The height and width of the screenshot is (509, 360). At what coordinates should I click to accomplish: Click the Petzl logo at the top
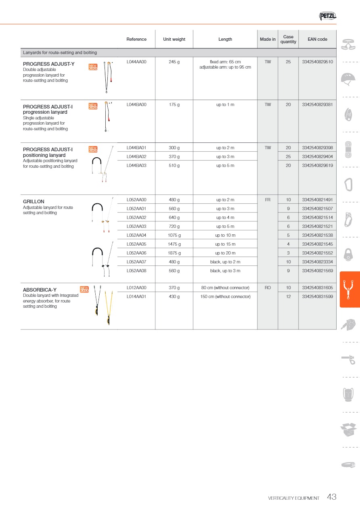click(x=327, y=16)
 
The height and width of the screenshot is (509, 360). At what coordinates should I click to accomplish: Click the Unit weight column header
click(x=174, y=40)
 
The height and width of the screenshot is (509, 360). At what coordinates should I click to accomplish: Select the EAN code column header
click(x=317, y=40)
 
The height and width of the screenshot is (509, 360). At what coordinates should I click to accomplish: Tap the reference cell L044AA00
click(x=136, y=62)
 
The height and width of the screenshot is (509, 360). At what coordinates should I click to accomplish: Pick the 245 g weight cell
click(x=174, y=62)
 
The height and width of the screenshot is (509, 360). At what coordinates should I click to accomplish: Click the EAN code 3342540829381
click(x=317, y=105)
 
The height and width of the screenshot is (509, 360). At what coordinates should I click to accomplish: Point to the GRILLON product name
click(x=33, y=202)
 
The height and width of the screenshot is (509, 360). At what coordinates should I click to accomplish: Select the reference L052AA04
click(x=136, y=236)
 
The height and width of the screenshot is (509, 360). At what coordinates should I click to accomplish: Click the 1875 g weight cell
click(x=174, y=253)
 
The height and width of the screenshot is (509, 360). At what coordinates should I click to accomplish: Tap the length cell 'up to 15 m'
click(x=225, y=244)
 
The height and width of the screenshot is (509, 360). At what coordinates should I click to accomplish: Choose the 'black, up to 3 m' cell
click(x=225, y=271)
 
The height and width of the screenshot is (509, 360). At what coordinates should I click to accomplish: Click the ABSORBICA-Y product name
click(x=40, y=290)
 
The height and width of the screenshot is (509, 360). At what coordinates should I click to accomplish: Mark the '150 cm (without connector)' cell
click(x=225, y=297)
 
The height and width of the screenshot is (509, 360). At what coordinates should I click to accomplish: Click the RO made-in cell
click(x=268, y=288)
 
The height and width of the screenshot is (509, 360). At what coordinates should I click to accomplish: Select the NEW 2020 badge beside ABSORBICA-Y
click(x=84, y=289)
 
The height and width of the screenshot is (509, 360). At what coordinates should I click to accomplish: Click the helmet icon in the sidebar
click(x=348, y=79)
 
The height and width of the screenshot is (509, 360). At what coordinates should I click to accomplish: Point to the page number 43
click(x=332, y=497)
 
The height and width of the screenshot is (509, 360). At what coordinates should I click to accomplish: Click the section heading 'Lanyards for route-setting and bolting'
click(x=60, y=53)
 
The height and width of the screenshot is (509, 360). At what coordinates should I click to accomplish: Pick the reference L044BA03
click(x=136, y=165)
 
